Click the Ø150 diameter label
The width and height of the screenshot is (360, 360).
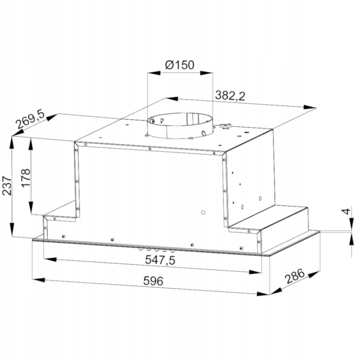(179, 65)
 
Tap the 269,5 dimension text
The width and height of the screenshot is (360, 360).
(30, 120)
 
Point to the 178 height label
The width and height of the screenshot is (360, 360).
(25, 178)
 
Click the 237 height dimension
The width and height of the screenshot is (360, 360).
(6, 185)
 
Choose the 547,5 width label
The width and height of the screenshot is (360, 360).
(160, 260)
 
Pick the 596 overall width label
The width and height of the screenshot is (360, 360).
(153, 280)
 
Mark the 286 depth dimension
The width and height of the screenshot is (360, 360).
(294, 276)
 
